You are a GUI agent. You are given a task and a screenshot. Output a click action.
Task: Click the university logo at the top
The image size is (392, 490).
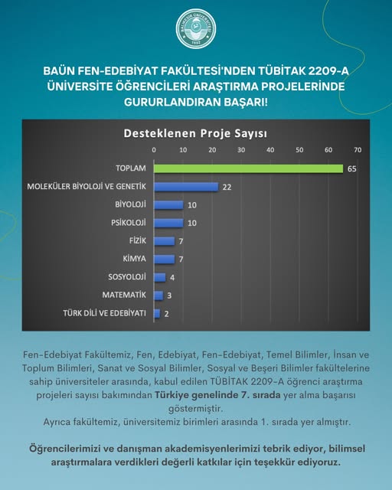coord(196,29)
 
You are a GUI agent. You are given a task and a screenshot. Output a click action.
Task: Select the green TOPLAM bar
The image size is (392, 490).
coord(248,168)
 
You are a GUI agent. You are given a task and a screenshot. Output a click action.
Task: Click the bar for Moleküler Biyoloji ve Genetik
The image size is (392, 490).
coord(186,187)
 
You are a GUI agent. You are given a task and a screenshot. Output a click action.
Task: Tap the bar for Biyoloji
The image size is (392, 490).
coord(168,205)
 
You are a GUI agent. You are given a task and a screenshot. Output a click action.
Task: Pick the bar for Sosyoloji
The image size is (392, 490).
coord(159,277)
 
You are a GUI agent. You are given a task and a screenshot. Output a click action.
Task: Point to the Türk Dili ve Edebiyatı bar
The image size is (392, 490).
coord(157,313)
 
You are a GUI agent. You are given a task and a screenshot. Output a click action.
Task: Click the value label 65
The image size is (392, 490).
coord(352,168)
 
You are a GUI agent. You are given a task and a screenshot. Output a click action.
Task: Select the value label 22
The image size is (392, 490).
coord(227,187)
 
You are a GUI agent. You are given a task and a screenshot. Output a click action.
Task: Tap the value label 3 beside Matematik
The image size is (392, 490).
coord(169,296)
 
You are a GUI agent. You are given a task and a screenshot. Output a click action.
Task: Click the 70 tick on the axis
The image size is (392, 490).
coord(358,150)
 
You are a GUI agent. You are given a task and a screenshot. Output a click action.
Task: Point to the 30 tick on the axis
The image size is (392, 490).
coord(241,150)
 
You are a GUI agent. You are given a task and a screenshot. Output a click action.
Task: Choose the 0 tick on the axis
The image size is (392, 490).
coord(154,150)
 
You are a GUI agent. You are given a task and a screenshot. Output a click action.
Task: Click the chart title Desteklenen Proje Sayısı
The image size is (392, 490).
coord(195,133)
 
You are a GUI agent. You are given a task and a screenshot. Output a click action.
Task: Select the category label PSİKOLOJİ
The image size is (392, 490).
coord(129,223)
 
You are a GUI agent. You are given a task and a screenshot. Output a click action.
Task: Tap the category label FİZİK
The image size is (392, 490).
coord(138,241)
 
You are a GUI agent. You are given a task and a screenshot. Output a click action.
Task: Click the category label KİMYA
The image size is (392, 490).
coord(135,259)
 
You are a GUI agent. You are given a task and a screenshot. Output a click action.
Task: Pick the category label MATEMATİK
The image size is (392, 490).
coord(124,295)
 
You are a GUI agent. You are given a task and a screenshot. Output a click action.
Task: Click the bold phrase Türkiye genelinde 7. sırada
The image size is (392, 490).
coord(217,395)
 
